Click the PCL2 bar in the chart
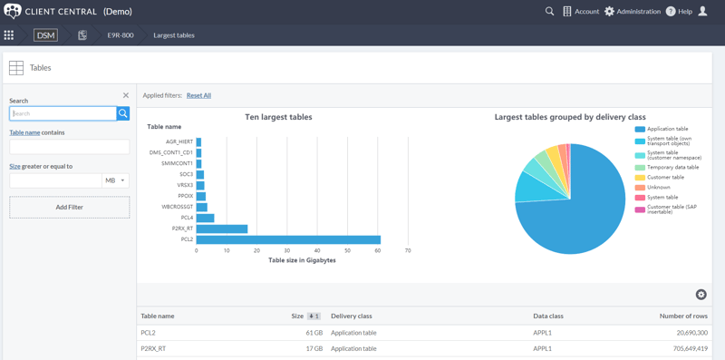point(288,239)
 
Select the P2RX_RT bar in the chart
point(222,229)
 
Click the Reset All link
point(198,95)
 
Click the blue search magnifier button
point(123,113)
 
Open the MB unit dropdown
point(116,180)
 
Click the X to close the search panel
point(126,95)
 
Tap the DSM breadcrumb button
point(45,35)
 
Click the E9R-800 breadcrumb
point(121,35)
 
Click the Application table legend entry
point(667,129)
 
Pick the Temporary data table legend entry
point(672,167)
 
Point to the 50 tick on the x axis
point(348,251)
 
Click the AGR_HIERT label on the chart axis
point(179,141)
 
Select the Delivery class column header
point(352,316)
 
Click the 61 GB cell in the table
point(313,333)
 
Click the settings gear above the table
point(701,295)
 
